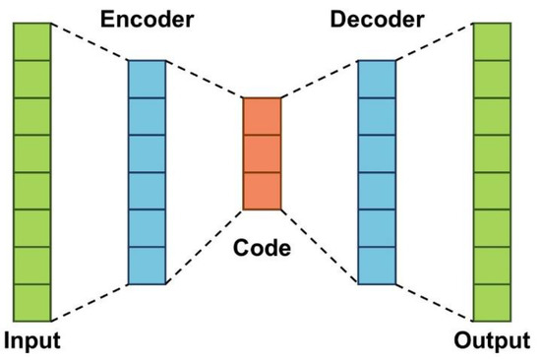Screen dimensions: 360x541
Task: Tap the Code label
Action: tap(262, 249)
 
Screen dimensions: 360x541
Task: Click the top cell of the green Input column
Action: tap(31, 41)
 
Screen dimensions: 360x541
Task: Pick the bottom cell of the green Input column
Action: tap(31, 302)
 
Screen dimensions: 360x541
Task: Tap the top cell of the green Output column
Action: tap(492, 41)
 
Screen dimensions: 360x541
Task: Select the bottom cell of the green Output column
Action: tap(492, 302)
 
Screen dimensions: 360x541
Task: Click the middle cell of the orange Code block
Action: tap(263, 152)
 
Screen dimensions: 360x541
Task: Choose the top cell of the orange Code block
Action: tap(263, 115)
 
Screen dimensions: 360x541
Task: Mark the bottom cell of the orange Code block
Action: tap(263, 191)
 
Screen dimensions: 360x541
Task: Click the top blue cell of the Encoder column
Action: tap(148, 79)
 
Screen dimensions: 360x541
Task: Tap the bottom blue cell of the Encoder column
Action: tap(148, 265)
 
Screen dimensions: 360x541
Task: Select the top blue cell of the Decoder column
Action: tap(377, 79)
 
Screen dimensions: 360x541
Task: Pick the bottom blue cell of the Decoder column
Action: tap(377, 265)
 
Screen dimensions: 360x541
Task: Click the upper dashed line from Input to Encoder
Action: tap(90, 41)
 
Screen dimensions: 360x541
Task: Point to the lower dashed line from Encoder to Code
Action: tap(205, 246)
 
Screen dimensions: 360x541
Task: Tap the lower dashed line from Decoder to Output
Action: tap(434, 302)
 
